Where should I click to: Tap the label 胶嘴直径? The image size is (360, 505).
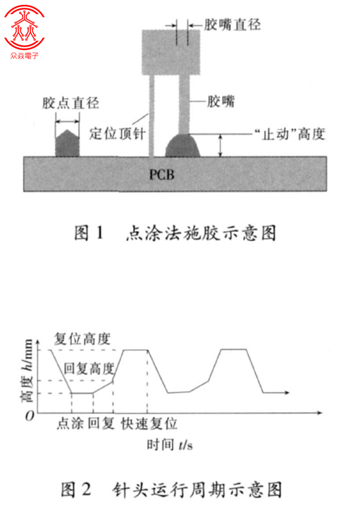click(232, 25)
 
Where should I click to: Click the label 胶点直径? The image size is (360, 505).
click(70, 104)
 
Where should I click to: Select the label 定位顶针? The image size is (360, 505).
click(118, 134)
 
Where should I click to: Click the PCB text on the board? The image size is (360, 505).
click(161, 175)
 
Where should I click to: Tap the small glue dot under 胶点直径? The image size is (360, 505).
click(68, 143)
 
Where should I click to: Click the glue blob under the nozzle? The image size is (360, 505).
click(182, 145)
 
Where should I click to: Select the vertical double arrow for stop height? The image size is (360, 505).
click(221, 145)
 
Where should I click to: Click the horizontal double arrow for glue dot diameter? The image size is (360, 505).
click(68, 122)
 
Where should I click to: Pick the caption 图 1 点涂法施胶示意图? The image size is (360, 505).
click(175, 233)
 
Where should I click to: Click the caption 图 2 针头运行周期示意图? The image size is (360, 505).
click(171, 490)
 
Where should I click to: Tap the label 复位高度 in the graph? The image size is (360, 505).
click(82, 339)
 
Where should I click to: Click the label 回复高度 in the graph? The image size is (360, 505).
click(89, 368)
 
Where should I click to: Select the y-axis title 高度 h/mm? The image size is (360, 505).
click(27, 370)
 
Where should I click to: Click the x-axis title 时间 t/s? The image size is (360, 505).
click(170, 444)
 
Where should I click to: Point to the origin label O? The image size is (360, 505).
click(30, 416)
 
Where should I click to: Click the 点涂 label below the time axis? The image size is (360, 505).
click(70, 423)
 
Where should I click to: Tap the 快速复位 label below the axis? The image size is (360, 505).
click(149, 423)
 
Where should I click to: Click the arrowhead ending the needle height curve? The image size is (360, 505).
click(287, 392)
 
